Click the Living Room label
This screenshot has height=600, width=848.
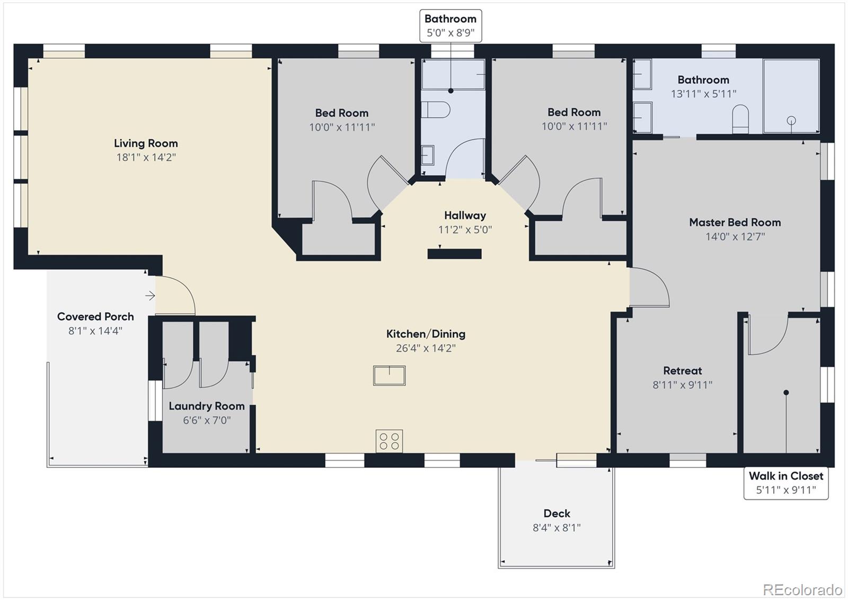[x=146, y=143]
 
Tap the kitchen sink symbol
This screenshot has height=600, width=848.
[x=389, y=376]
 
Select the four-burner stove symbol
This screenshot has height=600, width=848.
[x=389, y=441]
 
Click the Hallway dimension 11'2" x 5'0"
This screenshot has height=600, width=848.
[x=465, y=230]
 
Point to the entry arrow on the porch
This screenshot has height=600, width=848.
[x=150, y=295]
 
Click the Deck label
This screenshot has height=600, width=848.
[x=556, y=514]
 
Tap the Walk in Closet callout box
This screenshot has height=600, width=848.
[x=785, y=483]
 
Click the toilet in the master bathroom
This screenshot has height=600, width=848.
[x=740, y=119]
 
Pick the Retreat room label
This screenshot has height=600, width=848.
[x=682, y=371]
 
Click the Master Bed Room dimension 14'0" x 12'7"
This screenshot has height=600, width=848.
[x=735, y=237]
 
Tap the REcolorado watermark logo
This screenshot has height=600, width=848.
[x=802, y=589]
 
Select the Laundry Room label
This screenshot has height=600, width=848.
[x=206, y=406]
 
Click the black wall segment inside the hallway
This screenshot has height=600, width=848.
[x=454, y=254]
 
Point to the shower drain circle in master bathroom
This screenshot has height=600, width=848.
[x=791, y=120]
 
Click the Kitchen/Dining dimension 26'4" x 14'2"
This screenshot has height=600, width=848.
[x=426, y=349]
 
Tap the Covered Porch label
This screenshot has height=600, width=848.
[x=95, y=317]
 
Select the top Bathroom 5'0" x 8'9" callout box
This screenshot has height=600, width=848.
[x=450, y=25]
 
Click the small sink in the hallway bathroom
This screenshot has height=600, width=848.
[x=428, y=155]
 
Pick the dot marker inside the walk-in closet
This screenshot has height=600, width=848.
[x=786, y=393]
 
